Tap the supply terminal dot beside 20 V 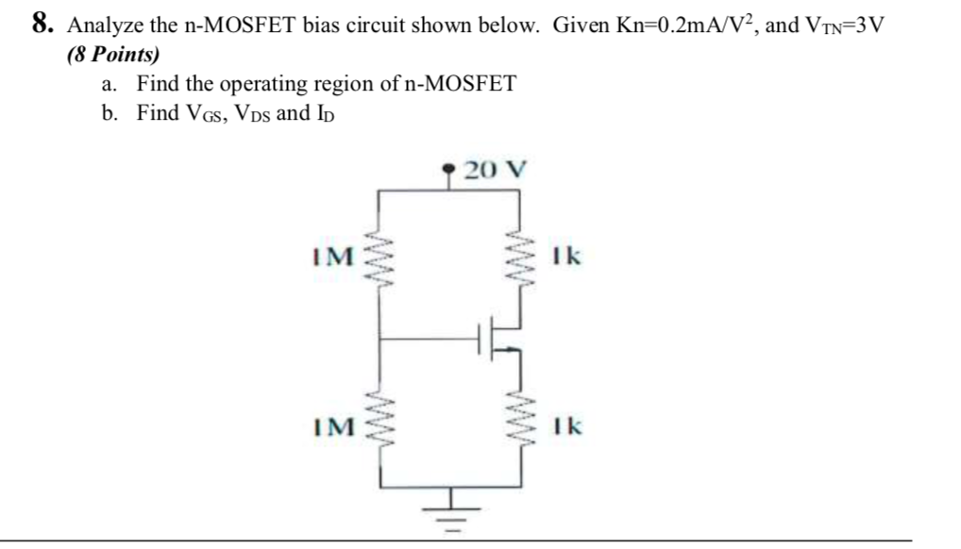[449, 172]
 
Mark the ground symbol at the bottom [450, 514]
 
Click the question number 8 [42, 25]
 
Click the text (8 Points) [108, 55]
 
